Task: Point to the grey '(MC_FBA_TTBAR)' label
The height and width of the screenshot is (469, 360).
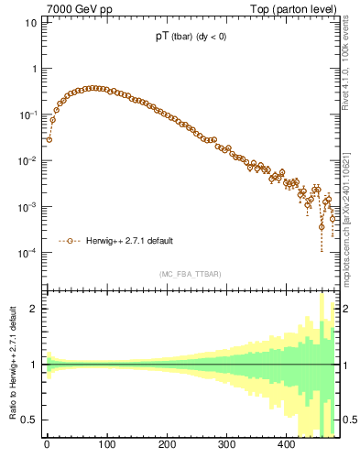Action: (x=191, y=274)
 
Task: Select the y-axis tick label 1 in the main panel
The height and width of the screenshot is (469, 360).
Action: (x=34, y=69)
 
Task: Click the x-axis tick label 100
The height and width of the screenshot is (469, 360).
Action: (x=106, y=445)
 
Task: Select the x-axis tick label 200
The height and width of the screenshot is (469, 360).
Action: (x=167, y=445)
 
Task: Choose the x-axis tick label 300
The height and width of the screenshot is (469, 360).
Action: (x=226, y=445)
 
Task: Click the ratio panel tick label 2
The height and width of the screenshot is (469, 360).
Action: (x=34, y=309)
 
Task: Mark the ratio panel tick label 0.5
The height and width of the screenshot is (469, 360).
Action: (x=29, y=420)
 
